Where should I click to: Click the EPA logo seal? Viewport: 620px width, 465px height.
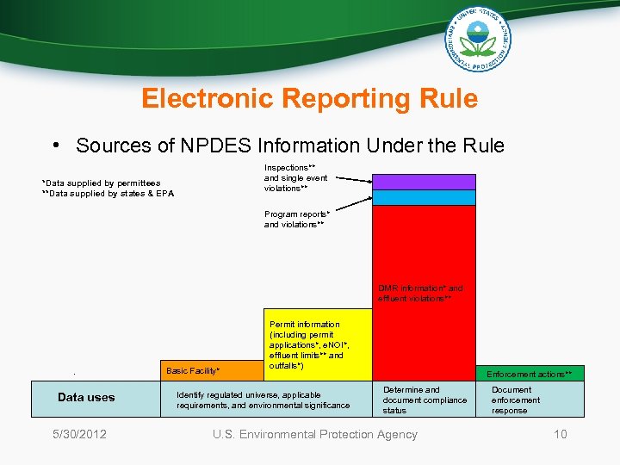tap(478, 41)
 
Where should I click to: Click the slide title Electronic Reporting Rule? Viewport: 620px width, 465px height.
tap(309, 99)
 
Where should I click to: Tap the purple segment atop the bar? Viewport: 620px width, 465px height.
tap(423, 181)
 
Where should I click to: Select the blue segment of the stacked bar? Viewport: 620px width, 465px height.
tap(423, 197)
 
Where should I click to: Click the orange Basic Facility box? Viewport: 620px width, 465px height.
tap(211, 370)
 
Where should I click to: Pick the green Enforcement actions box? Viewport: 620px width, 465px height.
tap(530, 374)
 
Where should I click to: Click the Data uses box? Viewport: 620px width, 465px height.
tap(86, 398)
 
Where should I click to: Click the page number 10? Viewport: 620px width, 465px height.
tap(561, 434)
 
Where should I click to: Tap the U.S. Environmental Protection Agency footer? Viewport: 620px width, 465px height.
tap(314, 434)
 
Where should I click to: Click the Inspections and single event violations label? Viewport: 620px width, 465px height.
tap(295, 177)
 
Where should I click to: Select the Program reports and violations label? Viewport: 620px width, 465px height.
tap(294, 219)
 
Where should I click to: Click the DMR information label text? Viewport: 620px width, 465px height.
tap(419, 294)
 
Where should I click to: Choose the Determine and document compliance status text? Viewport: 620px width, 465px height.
tap(425, 400)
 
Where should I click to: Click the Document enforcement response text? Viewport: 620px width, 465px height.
tap(516, 400)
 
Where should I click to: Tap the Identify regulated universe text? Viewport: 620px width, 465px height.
tap(263, 400)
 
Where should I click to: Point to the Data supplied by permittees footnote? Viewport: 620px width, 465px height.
tap(102, 183)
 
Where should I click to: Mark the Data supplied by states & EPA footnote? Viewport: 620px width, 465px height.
tap(108, 193)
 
